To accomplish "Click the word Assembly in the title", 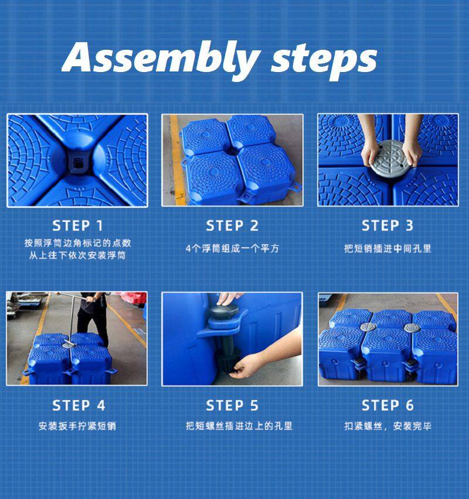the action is click(x=161, y=59).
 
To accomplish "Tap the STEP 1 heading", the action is click(x=78, y=226).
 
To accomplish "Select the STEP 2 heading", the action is click(x=232, y=226).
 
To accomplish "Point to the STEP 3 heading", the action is click(x=388, y=225).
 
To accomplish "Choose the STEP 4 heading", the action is click(x=79, y=406).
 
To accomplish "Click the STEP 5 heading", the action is click(x=232, y=406).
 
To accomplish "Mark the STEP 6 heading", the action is click(x=388, y=405).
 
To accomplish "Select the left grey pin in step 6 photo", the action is click(x=368, y=327).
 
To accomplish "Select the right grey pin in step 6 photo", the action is click(x=412, y=327).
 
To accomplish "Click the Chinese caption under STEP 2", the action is click(x=232, y=248).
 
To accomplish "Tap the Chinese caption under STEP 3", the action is click(x=388, y=248).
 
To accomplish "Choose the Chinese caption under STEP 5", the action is click(x=239, y=426).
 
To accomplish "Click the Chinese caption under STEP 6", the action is click(x=388, y=426).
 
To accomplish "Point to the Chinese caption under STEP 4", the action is click(x=77, y=426).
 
